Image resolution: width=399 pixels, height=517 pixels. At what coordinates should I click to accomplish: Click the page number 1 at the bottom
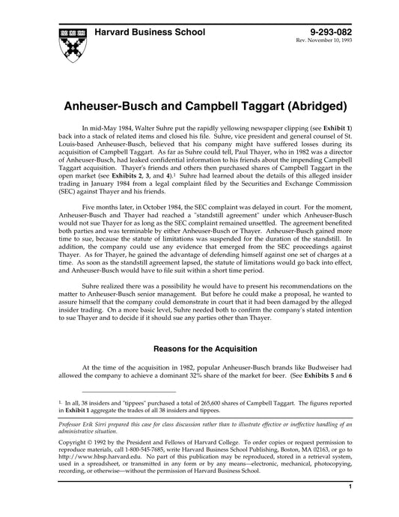click(350, 507)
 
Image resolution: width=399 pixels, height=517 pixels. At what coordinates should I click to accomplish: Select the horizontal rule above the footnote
click(128, 392)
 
